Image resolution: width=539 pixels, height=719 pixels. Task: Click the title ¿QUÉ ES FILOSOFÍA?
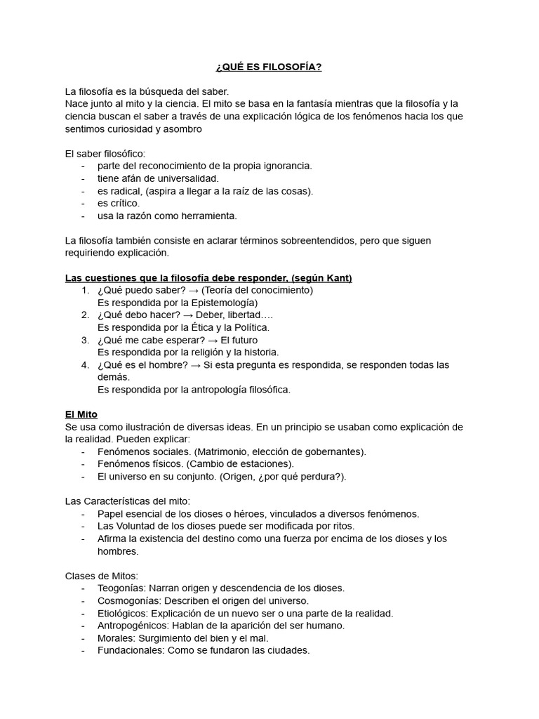click(x=269, y=67)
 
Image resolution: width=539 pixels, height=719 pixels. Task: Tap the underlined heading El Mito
click(x=81, y=414)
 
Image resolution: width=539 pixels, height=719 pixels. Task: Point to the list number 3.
click(x=84, y=340)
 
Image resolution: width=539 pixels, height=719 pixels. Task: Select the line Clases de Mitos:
click(x=101, y=576)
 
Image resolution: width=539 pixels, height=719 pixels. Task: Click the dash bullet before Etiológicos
click(x=84, y=613)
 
